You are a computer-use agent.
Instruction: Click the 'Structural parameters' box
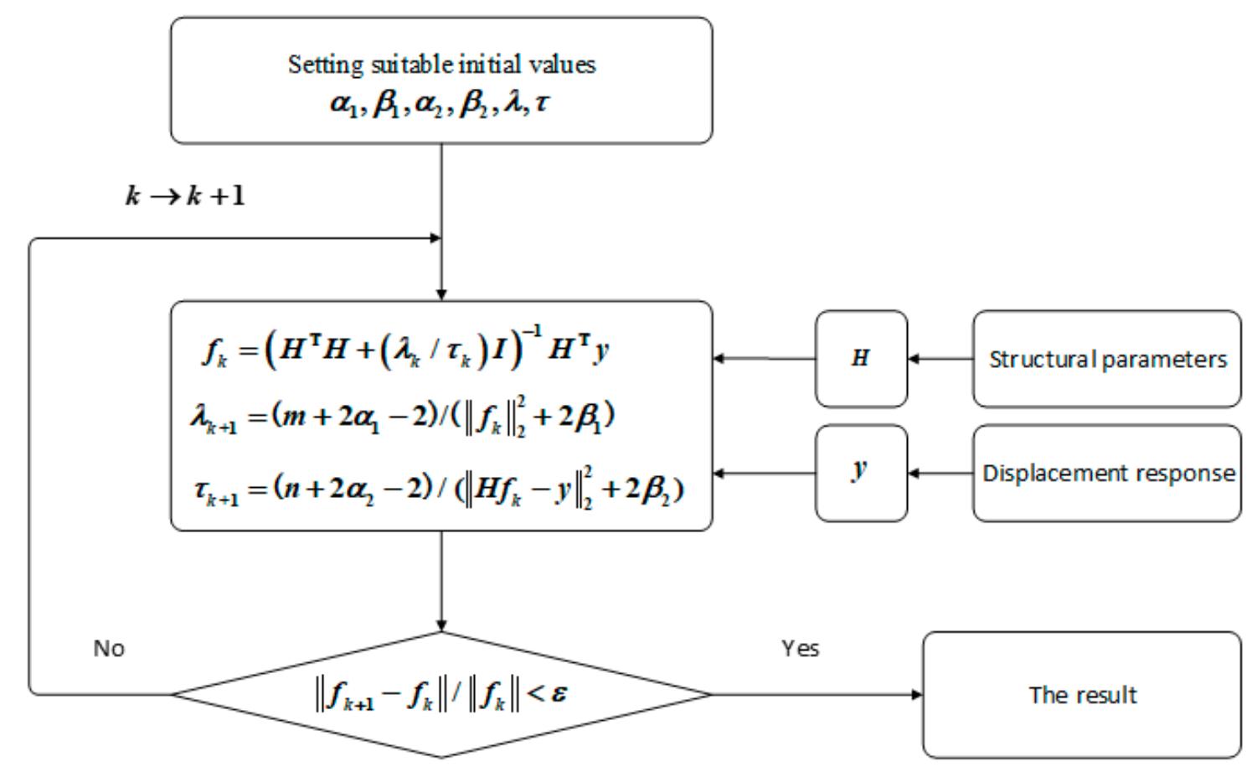[x=1106, y=359]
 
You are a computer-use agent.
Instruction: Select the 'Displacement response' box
[x=1106, y=473]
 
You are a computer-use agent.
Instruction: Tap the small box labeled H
[x=861, y=359]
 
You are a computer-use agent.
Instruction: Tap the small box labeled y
[x=861, y=473]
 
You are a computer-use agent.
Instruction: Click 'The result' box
[x=1081, y=695]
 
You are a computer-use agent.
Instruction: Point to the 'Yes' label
[x=800, y=648]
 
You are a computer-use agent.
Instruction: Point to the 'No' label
[x=109, y=648]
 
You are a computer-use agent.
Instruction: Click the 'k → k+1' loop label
[x=185, y=196]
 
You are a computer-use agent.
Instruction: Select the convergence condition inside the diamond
[x=441, y=694]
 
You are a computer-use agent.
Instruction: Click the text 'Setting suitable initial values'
[x=441, y=65]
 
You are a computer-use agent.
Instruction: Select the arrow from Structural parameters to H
[x=940, y=359]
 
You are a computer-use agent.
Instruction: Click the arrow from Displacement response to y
[x=940, y=473]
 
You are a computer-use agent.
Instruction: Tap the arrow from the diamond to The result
[x=817, y=694]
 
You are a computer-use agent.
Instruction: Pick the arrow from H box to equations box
[x=764, y=359]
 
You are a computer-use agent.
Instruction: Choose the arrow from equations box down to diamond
[x=441, y=581]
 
